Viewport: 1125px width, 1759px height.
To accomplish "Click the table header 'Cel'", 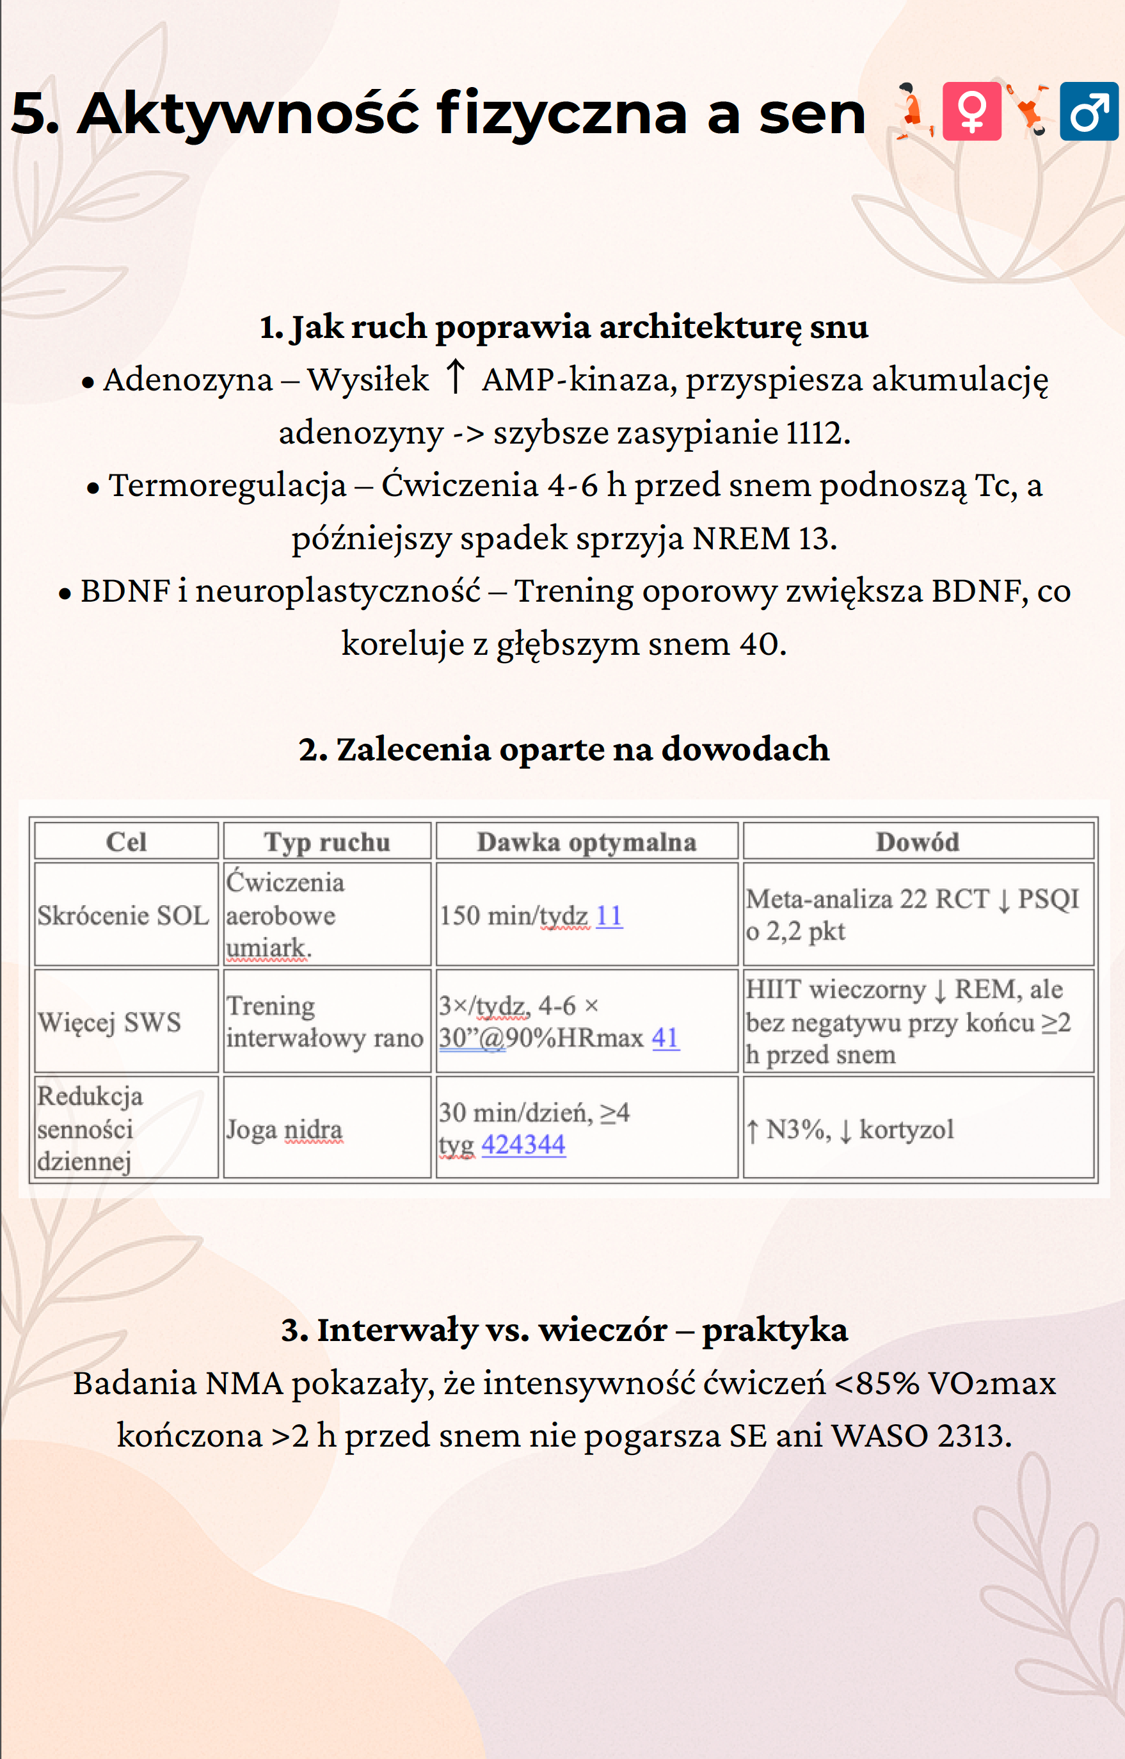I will point(126,842).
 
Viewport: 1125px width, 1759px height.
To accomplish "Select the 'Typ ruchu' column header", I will point(326,842).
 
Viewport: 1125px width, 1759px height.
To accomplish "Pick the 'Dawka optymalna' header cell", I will point(587,842).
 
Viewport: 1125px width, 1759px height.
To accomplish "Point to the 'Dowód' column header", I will point(918,842).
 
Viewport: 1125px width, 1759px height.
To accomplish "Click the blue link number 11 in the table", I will point(609,915).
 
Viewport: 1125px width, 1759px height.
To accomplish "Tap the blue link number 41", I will point(665,1037).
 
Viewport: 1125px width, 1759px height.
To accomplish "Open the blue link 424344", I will point(523,1144).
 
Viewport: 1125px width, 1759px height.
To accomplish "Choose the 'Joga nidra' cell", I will point(284,1129).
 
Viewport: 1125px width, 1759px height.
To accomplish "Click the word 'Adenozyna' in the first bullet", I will point(187,379).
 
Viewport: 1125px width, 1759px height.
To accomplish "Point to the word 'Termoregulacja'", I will point(227,485).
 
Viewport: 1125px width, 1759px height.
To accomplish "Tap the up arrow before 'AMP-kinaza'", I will point(455,377).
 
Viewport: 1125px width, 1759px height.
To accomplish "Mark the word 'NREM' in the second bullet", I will point(742,538).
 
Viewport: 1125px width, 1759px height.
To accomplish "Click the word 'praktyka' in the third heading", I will point(774,1329).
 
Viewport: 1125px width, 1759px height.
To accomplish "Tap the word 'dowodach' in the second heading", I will point(745,750).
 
